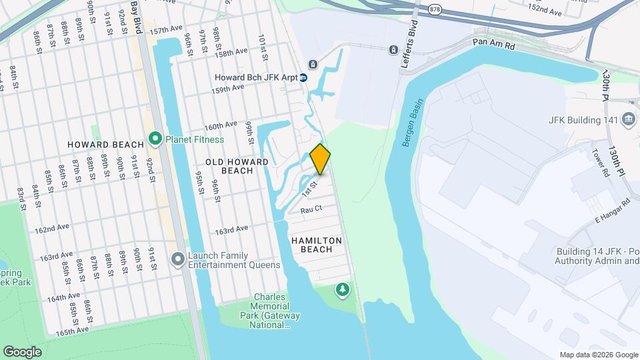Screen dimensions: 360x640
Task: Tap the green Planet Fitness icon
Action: [155, 139]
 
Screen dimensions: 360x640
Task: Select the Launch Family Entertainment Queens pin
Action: [177, 258]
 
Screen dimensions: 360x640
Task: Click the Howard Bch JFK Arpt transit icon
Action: [303, 77]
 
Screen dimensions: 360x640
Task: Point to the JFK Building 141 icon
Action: [628, 120]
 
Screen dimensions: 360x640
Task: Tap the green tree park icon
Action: [342, 289]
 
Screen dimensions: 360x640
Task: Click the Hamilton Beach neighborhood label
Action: [317, 245]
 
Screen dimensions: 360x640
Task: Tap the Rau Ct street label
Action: [311, 209]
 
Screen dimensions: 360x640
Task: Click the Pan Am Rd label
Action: [494, 43]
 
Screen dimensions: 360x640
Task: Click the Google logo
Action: [22, 351]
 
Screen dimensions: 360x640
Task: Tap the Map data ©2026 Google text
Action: [598, 355]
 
